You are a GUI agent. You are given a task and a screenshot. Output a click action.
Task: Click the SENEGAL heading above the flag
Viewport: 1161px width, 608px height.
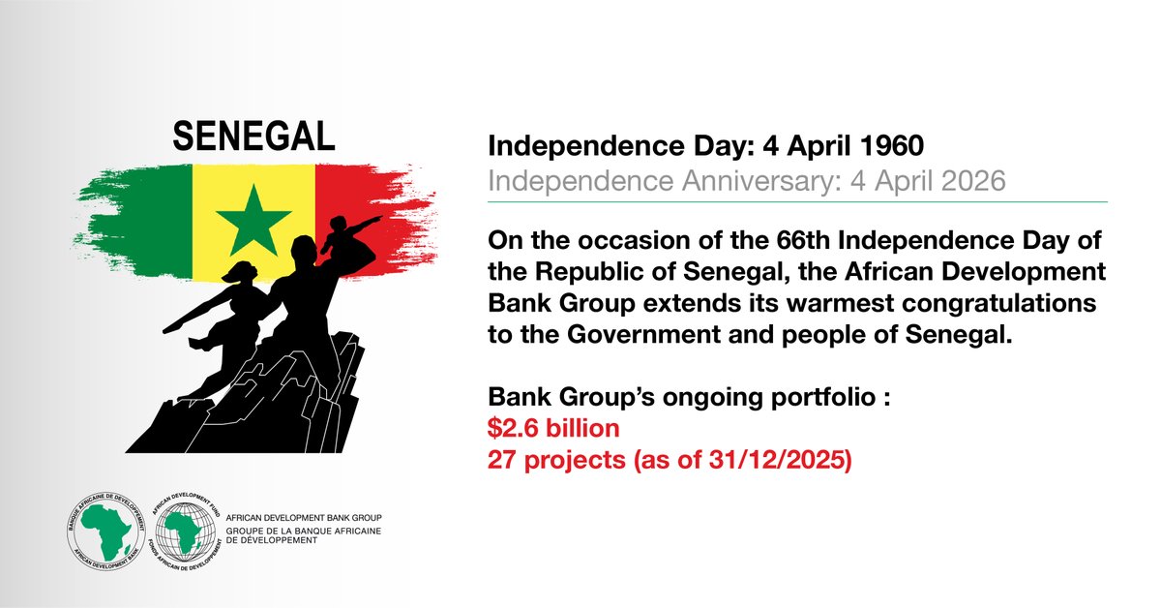click(x=253, y=137)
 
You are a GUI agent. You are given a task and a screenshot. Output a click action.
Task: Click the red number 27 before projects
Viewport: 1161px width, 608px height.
click(x=502, y=461)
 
